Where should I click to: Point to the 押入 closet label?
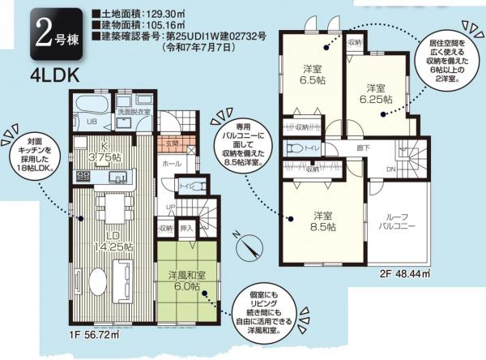click(185, 230)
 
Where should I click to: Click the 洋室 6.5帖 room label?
click(315, 75)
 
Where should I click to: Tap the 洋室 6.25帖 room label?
click(376, 92)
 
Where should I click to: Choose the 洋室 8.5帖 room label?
click(325, 221)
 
